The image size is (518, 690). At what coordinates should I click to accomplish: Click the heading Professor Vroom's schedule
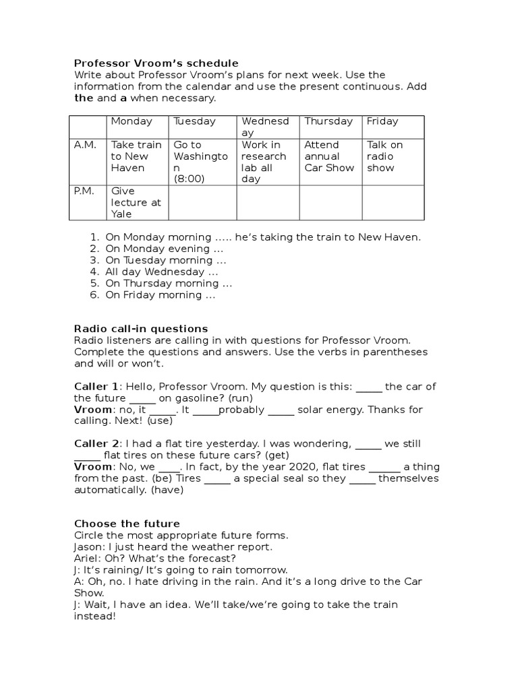coord(156,63)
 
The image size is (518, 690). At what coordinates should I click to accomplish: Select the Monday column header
coord(132,121)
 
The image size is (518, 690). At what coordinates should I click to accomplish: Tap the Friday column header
coord(382,121)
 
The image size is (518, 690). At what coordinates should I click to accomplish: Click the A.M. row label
coord(85,145)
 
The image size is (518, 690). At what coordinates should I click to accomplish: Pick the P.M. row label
coord(85,191)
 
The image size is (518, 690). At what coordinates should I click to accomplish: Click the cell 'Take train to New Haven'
coord(136,156)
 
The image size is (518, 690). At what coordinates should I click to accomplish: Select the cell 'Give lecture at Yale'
coord(132,202)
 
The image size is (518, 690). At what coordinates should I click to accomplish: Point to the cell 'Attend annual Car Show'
coord(329,156)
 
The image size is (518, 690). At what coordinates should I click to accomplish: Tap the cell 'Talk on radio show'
coord(384,156)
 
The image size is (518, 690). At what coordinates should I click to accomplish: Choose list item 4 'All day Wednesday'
coord(161,272)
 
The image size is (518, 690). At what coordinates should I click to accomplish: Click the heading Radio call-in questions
coord(140,329)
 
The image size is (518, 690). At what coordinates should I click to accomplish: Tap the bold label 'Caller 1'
coord(96,386)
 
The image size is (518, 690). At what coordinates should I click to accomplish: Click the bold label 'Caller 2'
coord(96,443)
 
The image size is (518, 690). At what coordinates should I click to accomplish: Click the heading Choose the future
coord(127,524)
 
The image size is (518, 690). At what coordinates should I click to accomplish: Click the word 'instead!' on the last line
coord(95,616)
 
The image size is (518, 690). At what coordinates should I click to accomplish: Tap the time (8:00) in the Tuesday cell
coord(189,179)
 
